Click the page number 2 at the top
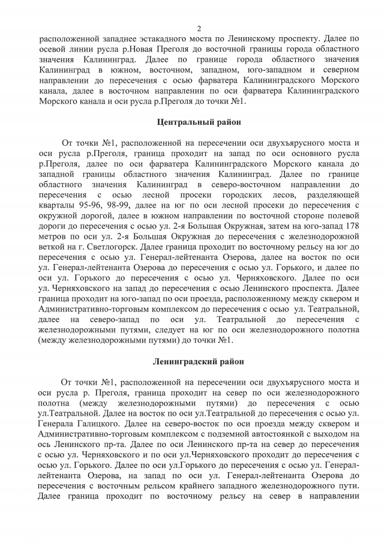[x=199, y=28]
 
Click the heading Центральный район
[x=199, y=122]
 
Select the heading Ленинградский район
[x=199, y=362]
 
